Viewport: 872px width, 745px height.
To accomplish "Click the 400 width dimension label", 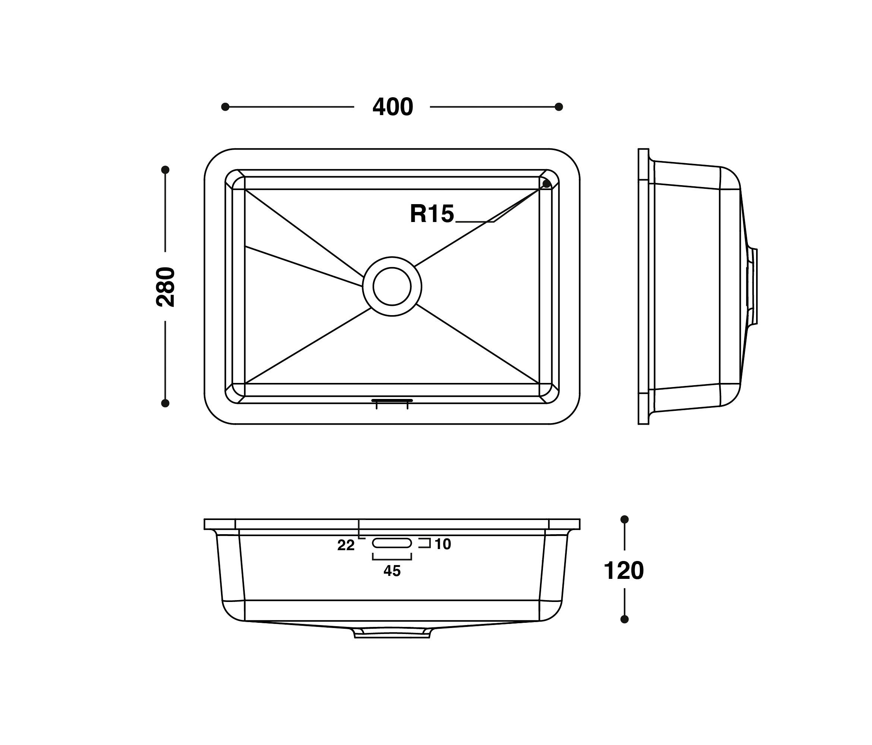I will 393,107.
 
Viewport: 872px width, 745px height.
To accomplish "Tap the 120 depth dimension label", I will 624,571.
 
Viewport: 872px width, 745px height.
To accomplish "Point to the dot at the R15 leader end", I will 546,184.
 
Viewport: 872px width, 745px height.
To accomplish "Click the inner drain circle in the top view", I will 392,286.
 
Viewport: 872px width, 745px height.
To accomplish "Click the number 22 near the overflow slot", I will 345,545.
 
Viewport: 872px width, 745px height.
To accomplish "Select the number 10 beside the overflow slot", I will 443,544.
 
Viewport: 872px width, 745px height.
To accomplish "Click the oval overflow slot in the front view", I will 392,543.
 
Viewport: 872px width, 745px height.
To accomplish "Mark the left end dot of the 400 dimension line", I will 225,107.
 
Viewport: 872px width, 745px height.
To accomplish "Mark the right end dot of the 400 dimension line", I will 559,107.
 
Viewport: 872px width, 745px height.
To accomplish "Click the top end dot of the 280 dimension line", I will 165,170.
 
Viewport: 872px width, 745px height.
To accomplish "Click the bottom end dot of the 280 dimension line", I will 165,403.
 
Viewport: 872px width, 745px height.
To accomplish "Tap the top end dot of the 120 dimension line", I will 625,520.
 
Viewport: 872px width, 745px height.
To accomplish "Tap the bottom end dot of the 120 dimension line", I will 625,619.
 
